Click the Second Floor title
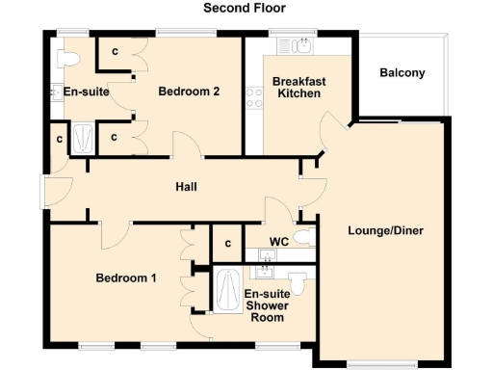245,8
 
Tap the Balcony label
402,73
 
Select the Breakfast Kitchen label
298,88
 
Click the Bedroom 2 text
190,92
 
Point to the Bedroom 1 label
126,278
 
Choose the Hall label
186,186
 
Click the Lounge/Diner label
385,231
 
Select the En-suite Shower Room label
266,305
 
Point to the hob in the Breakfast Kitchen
256,97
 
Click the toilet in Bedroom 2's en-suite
66,58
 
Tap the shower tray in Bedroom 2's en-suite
84,138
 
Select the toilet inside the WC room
303,238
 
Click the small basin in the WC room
269,255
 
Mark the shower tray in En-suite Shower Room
227,291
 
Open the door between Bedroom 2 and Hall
187,146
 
